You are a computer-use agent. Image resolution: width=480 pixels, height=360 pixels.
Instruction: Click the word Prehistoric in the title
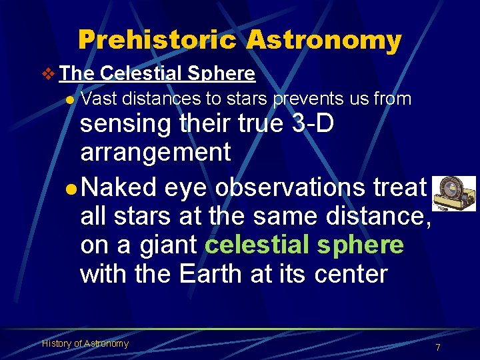tap(157, 40)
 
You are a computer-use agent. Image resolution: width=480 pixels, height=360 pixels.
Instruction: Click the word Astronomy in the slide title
tap(323, 40)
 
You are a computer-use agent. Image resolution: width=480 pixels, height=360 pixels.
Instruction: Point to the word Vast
tap(98, 99)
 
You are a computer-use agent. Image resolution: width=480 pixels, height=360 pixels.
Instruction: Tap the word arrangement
tap(155, 152)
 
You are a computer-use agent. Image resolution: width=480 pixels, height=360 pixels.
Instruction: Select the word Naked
tap(120, 188)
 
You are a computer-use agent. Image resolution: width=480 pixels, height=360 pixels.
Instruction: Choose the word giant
tap(167, 245)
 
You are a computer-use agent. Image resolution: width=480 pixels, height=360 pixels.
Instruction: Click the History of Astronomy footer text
tap(85, 343)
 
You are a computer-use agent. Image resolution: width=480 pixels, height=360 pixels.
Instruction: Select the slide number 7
tap(437, 347)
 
